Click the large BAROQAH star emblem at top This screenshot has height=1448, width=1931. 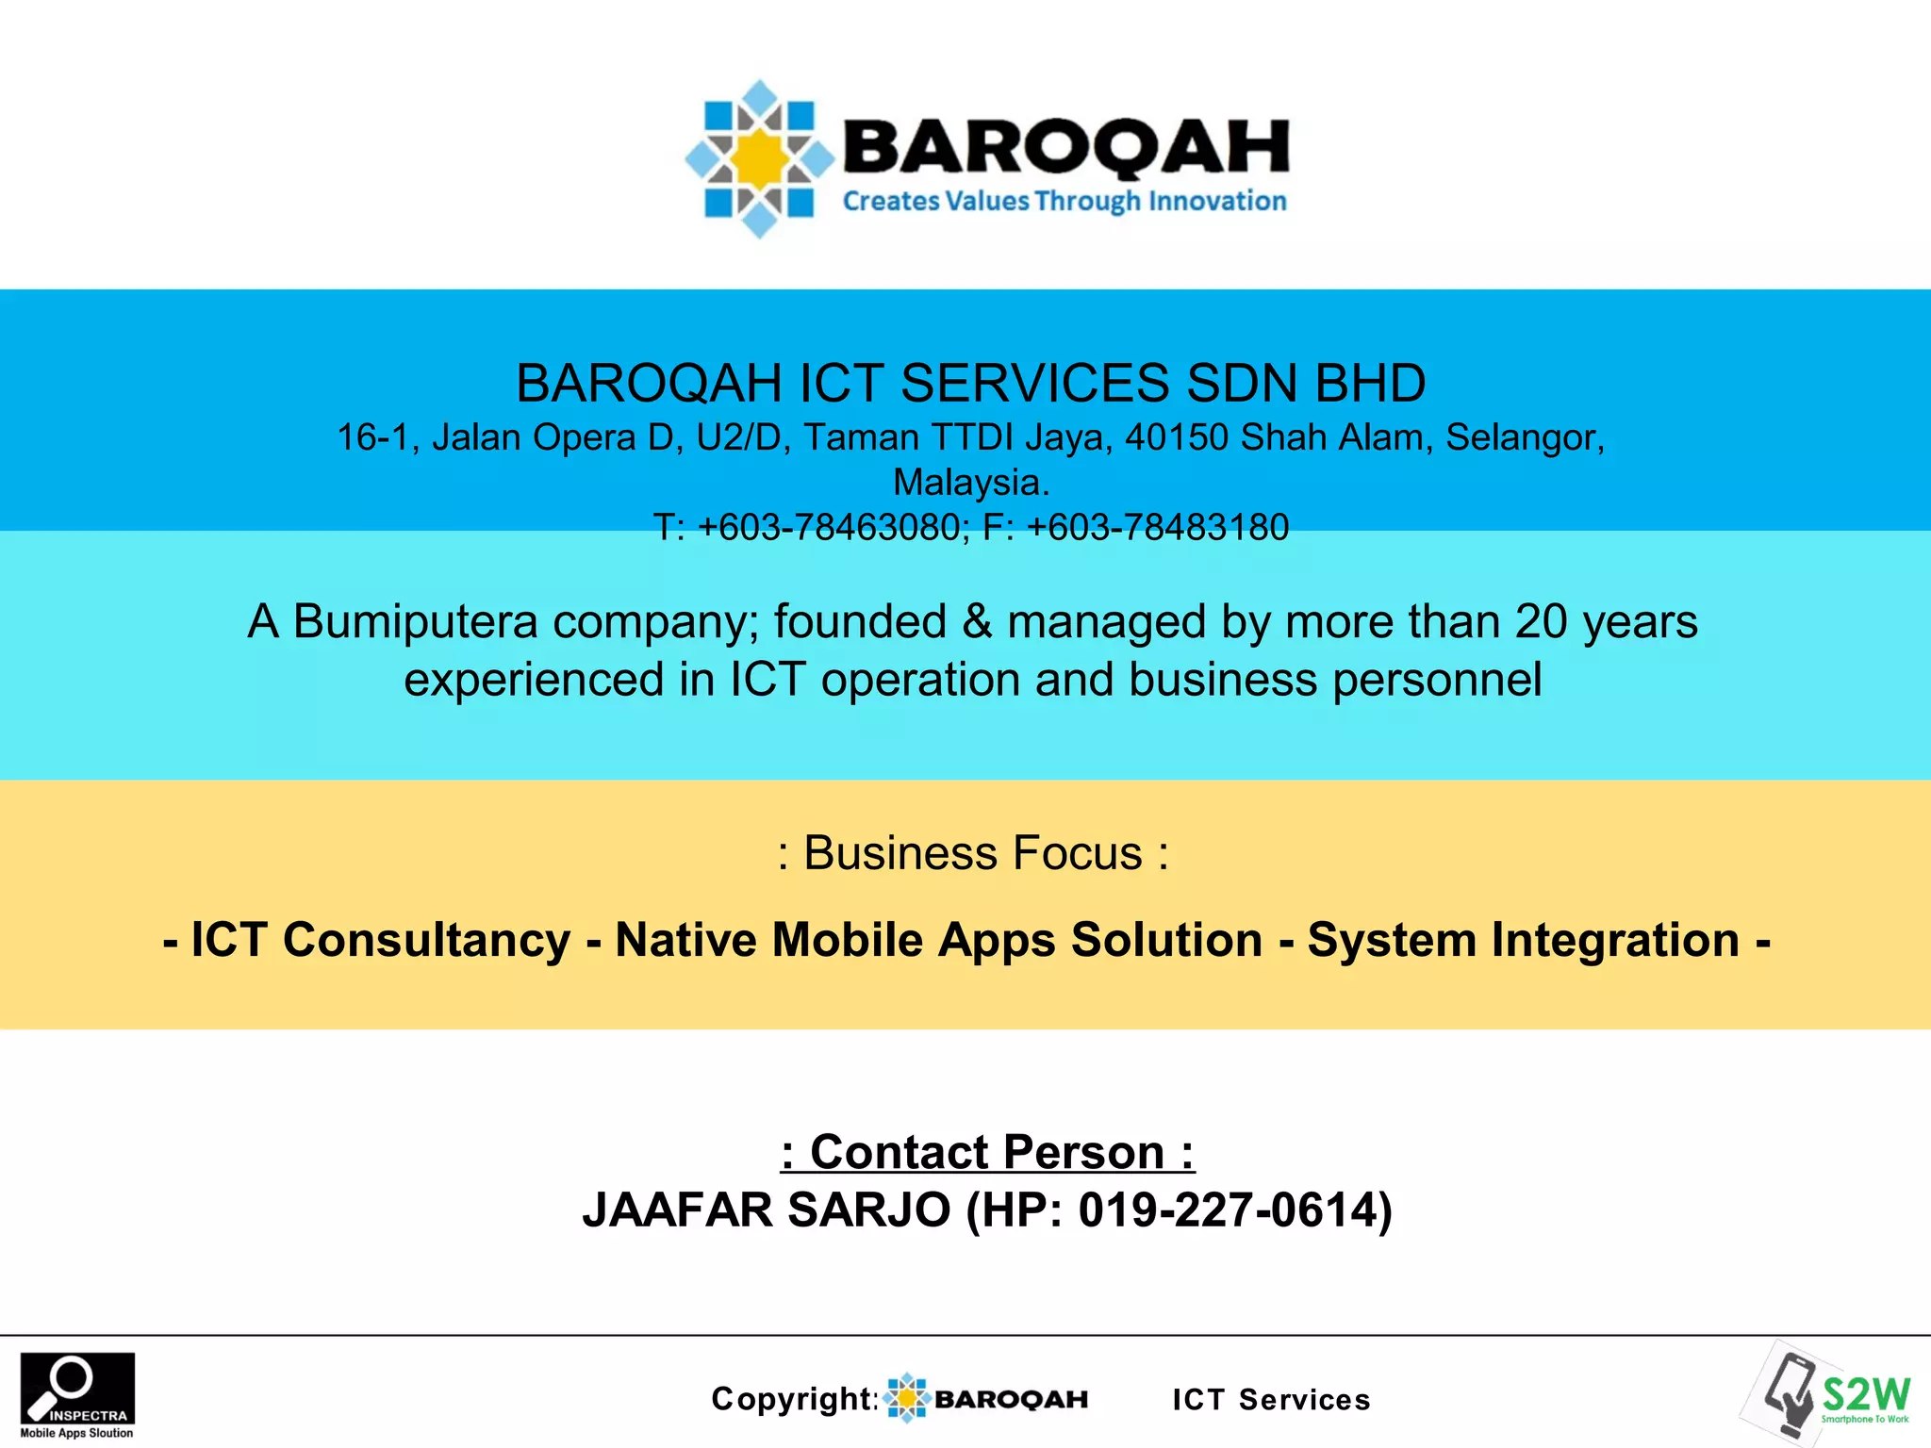760,158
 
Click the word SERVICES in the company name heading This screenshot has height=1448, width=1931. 1034,384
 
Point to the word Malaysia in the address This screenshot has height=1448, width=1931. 970,483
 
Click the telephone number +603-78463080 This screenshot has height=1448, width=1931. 829,527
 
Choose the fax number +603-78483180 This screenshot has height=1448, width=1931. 1157,527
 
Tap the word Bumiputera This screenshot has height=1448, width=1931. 415,622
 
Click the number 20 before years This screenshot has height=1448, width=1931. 1541,622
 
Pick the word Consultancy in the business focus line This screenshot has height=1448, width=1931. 426,941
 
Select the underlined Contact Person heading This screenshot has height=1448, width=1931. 987,1152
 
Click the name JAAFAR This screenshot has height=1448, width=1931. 677,1210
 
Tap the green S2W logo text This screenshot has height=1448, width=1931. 1866,1392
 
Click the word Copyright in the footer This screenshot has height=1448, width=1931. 793,1399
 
